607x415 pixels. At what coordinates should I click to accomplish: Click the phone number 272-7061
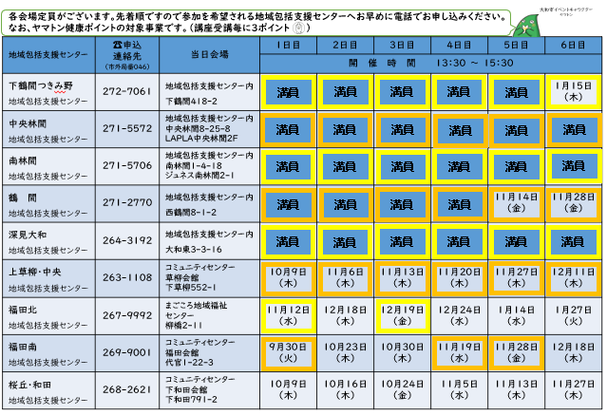click(125, 92)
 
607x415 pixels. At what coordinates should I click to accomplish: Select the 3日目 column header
click(402, 46)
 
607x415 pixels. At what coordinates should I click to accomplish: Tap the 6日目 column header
click(573, 46)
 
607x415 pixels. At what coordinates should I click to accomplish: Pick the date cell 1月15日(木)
click(573, 92)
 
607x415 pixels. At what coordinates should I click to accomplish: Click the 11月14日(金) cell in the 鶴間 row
click(516, 202)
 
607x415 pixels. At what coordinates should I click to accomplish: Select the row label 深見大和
click(32, 235)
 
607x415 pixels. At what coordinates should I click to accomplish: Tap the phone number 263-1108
click(125, 277)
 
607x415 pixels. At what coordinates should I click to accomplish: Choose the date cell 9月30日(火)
click(287, 352)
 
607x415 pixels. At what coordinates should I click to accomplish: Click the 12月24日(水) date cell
click(459, 315)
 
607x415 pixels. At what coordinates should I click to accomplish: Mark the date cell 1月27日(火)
click(573, 315)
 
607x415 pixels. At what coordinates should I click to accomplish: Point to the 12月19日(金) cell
click(402, 315)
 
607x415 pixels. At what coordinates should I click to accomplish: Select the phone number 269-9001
click(125, 351)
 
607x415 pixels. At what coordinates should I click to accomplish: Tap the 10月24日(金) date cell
click(402, 389)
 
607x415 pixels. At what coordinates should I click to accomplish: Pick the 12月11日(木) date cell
click(573, 277)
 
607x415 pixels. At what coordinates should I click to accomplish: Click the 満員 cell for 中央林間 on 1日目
click(287, 129)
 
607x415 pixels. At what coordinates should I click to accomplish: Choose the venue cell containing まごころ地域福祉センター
click(209, 314)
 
